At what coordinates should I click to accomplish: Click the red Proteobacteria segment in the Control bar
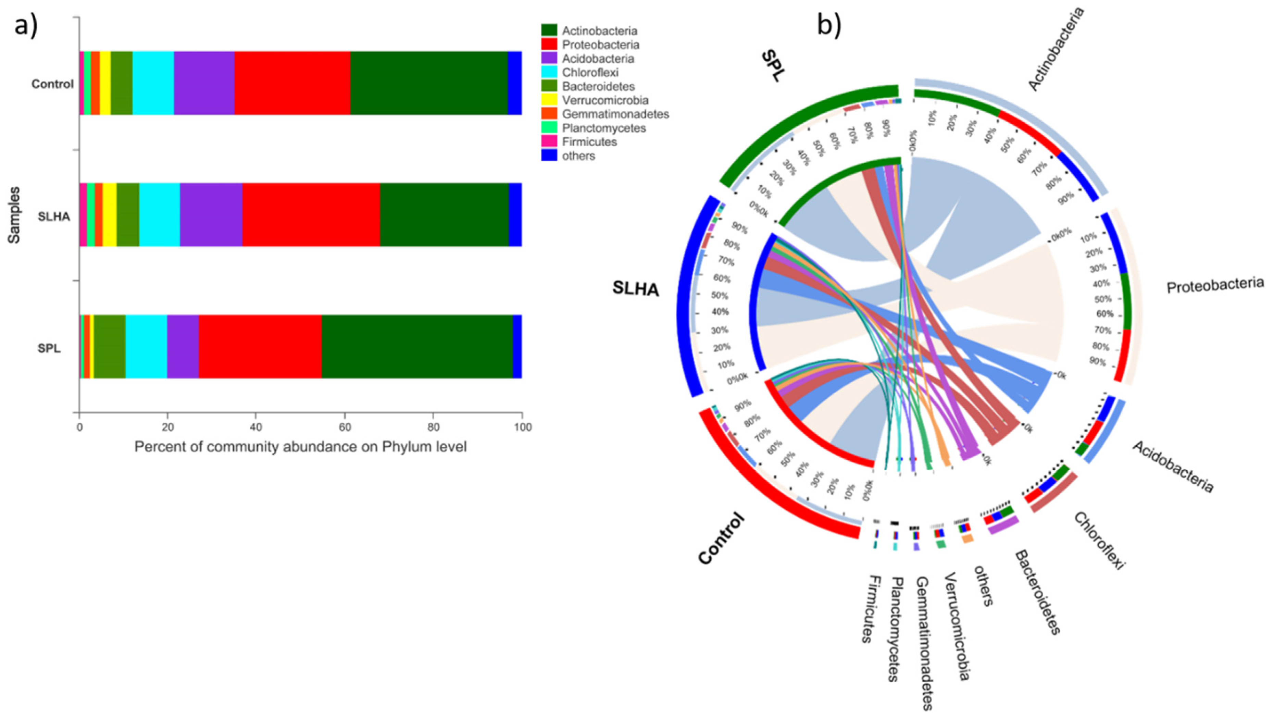pyautogui.click(x=292, y=83)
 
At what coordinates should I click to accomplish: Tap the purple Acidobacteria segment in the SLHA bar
pyautogui.click(x=211, y=215)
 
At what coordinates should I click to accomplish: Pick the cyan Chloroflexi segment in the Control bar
pyautogui.click(x=153, y=83)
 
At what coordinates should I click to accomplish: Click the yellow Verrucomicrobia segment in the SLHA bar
pyautogui.click(x=109, y=215)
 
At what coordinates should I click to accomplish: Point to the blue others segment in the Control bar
pyautogui.click(x=514, y=83)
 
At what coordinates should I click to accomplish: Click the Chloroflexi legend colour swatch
pyautogui.click(x=549, y=73)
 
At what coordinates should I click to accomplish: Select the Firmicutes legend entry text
pyautogui.click(x=589, y=142)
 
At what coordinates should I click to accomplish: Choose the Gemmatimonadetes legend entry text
pyautogui.click(x=615, y=114)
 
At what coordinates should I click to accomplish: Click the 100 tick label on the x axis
pyautogui.click(x=522, y=427)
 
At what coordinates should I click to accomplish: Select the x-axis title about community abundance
pyautogui.click(x=300, y=447)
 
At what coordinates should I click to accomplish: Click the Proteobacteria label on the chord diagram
pyautogui.click(x=1215, y=285)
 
